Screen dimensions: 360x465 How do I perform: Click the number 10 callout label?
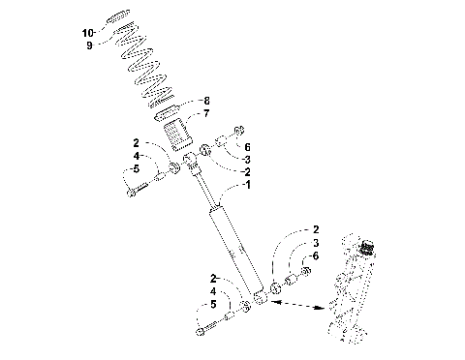88,33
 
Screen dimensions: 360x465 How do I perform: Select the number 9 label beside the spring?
90,45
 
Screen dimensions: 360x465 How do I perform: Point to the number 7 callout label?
204,113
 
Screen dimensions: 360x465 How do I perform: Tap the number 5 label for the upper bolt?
137,168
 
